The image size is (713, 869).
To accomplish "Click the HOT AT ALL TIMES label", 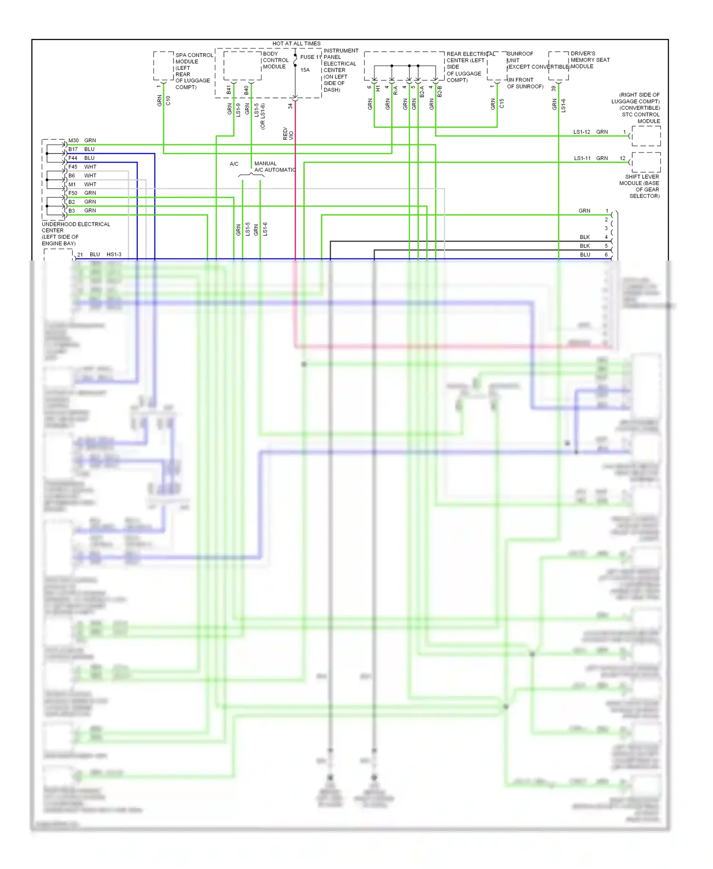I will point(296,43).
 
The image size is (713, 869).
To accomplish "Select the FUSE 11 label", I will point(310,57).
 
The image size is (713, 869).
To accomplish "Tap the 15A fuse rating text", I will point(305,70).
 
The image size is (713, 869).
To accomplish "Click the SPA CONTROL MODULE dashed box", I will point(163,66).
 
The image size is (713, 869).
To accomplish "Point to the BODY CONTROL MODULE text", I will point(276,60).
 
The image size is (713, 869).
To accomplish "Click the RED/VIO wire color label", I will point(288,134).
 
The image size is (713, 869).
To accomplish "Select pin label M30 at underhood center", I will point(73,141).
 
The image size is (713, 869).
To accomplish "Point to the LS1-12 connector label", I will point(581,132).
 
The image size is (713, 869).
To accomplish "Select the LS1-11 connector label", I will point(582,158).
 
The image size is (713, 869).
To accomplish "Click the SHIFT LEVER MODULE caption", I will point(639,186).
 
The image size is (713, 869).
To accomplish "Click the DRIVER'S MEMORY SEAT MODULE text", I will point(589,60).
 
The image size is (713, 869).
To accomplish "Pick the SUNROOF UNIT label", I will point(520,57).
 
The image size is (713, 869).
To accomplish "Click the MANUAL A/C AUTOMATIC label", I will point(274,166).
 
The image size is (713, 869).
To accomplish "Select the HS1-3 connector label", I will point(114,254).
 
